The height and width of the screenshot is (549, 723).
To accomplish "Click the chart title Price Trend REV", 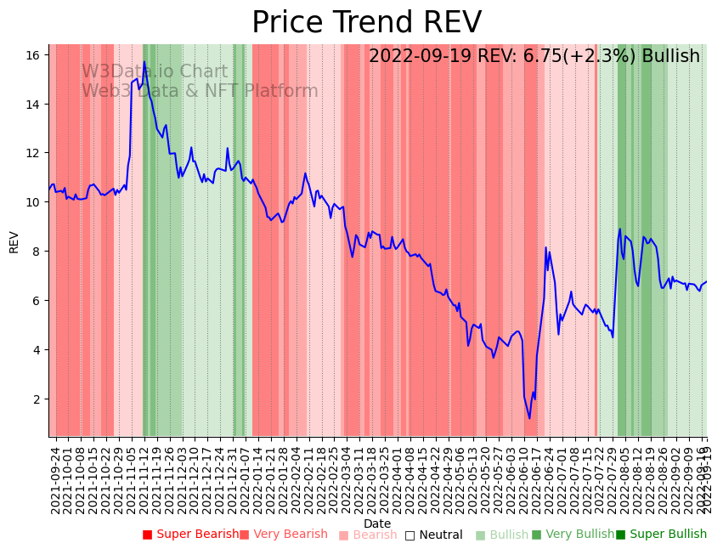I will [366, 22].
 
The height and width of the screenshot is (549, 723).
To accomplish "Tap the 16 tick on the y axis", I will [33, 55].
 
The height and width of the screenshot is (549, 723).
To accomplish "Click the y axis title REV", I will [14, 241].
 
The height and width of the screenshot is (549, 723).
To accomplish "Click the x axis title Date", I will [377, 524].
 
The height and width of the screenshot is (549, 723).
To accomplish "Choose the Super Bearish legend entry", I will [191, 535].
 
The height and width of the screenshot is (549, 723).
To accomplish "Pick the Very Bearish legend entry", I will [283, 535].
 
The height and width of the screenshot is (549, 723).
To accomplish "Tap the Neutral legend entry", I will [434, 535].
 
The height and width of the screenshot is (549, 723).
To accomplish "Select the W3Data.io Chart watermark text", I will [155, 72].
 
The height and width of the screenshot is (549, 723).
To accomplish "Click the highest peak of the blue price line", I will [144, 62].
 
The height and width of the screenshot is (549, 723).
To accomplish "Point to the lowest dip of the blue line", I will [529, 417].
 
